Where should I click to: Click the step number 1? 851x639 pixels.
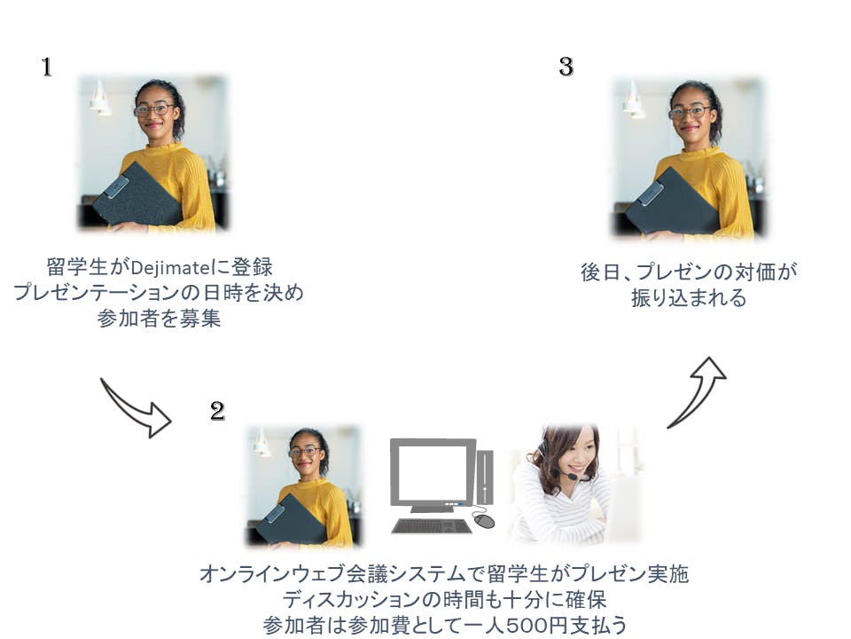47,67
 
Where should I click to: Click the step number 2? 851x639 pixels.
217,411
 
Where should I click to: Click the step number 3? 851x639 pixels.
566,67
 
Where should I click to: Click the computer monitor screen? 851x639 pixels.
433,471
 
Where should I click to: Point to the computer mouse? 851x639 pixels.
484,521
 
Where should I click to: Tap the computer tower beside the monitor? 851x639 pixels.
485,477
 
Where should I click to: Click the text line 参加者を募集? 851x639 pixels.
159,319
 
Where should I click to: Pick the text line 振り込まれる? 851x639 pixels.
688,298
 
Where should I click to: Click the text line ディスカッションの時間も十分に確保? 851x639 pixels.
444,599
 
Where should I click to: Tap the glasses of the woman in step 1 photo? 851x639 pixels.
154,110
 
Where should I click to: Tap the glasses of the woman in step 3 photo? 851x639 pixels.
690,113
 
